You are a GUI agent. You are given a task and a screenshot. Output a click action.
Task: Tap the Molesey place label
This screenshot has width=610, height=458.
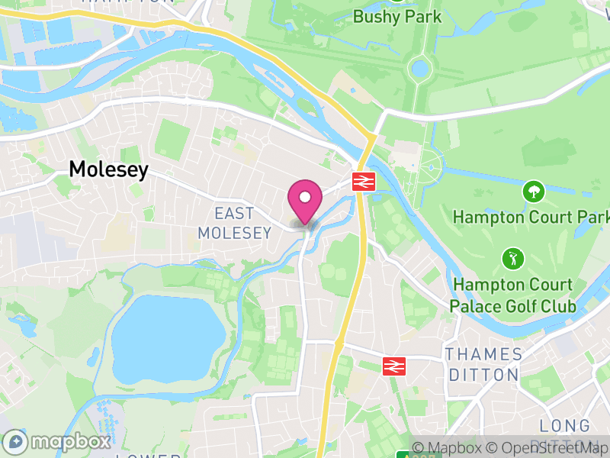click(x=108, y=169)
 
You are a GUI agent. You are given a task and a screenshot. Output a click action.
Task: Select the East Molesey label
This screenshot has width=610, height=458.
click(x=234, y=223)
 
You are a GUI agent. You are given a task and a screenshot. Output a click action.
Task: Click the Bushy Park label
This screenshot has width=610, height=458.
click(x=397, y=16)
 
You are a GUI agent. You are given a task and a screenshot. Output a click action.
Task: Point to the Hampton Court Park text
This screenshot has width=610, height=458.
click(x=531, y=217)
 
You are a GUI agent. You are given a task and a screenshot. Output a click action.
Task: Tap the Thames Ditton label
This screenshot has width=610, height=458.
click(x=485, y=364)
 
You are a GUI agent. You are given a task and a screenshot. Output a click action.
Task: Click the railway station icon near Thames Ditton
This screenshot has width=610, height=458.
click(x=393, y=366)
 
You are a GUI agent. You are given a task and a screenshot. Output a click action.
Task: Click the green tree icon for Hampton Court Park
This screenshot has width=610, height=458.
click(x=531, y=191)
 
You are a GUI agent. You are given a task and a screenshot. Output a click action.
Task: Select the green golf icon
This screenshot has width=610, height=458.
click(x=511, y=259)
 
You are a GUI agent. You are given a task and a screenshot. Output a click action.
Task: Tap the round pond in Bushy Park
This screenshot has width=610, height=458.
click(x=419, y=69)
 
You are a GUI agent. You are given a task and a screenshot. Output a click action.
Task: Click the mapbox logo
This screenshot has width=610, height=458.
click(x=57, y=442)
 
